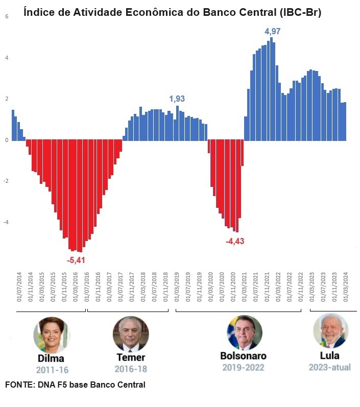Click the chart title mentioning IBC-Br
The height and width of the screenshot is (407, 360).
[173, 12]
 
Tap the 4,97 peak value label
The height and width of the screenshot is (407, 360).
[272, 32]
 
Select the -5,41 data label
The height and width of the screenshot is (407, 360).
[76, 260]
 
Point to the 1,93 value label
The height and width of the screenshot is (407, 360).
[177, 99]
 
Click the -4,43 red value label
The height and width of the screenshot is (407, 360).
[235, 241]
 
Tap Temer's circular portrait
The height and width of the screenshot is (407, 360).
[131, 333]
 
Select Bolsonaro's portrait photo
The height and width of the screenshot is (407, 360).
[245, 332]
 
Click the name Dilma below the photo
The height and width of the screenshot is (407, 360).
[51, 358]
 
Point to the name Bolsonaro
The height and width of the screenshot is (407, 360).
[243, 355]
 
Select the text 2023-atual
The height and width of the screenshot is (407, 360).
[330, 367]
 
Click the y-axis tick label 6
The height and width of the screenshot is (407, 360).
[7, 16]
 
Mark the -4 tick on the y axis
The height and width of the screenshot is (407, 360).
[6, 222]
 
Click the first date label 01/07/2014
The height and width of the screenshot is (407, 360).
[20, 288]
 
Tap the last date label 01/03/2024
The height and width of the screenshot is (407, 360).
[346, 288]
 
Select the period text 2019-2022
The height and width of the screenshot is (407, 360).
[243, 367]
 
